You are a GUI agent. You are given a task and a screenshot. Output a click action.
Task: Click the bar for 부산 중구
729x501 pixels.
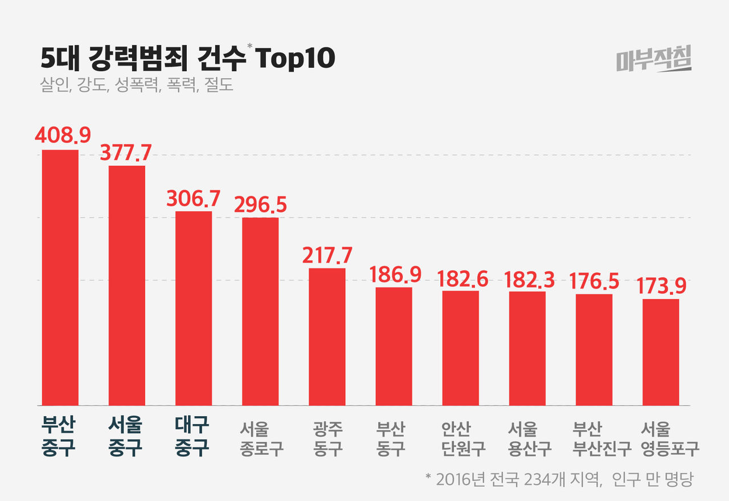click(x=60, y=278)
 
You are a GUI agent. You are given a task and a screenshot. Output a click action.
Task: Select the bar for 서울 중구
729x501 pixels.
click(x=127, y=286)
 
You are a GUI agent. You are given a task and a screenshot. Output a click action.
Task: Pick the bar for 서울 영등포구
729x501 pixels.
click(x=661, y=352)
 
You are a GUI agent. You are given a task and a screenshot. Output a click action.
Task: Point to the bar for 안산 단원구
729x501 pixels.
click(x=461, y=348)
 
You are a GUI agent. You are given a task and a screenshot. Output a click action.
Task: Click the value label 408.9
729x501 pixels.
click(x=63, y=135)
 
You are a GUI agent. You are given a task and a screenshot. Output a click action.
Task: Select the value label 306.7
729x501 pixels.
click(x=193, y=198)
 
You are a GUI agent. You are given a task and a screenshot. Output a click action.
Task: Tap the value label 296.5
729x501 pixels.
click(x=260, y=204)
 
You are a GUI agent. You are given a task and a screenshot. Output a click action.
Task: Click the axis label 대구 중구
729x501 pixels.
click(x=193, y=437)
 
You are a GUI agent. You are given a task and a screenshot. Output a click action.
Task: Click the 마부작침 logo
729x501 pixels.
click(x=654, y=59)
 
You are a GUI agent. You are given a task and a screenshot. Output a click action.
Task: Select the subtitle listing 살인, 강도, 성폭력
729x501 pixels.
click(x=137, y=87)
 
